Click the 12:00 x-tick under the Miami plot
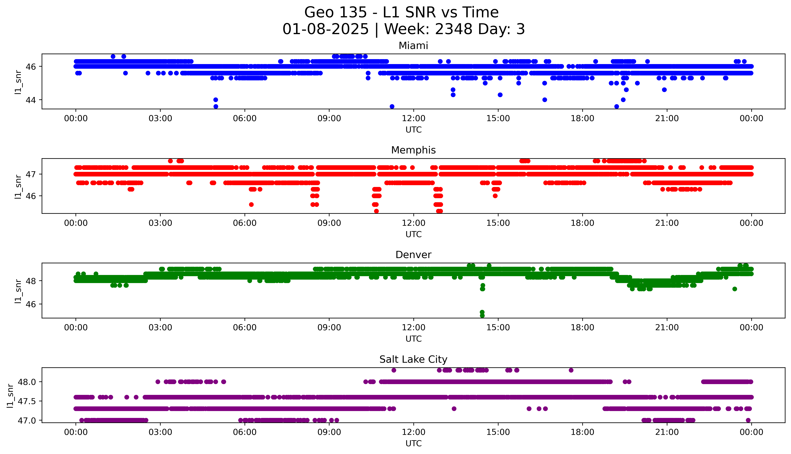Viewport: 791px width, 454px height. (413, 119)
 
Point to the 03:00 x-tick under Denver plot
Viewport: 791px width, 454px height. (160, 328)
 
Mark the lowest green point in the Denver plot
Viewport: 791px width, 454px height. (482, 316)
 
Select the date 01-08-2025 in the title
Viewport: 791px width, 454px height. (325, 29)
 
